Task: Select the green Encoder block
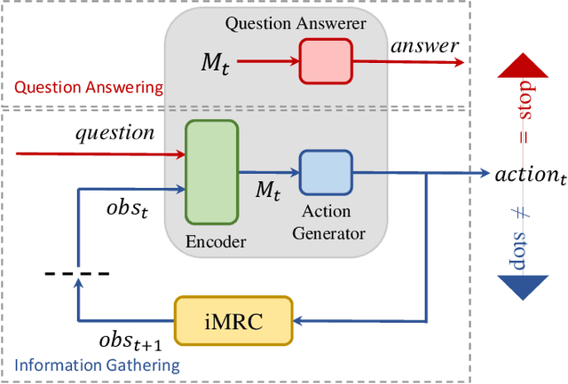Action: coord(211,172)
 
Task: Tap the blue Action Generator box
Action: coord(325,172)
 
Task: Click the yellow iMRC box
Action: coord(233,321)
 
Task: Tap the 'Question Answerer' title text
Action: coord(296,22)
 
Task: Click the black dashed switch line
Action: coord(77,271)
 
